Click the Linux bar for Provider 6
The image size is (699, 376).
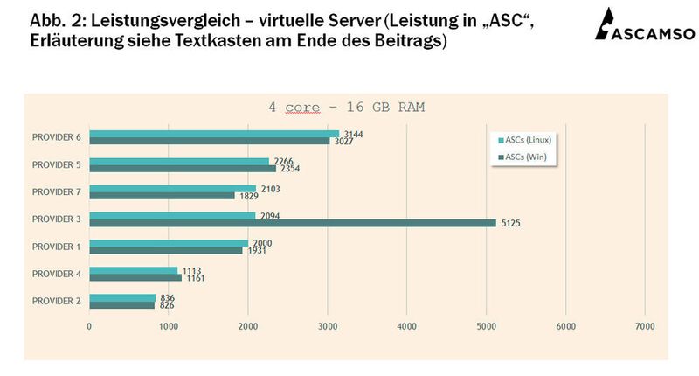click(x=214, y=134)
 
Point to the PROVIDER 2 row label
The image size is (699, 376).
click(x=56, y=301)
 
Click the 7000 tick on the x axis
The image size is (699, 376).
click(x=644, y=326)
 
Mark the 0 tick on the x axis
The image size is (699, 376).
click(x=89, y=326)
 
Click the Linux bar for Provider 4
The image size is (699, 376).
click(x=134, y=270)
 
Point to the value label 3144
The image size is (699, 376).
click(x=353, y=134)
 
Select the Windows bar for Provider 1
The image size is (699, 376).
click(x=166, y=250)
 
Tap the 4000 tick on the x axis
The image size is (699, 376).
click(x=406, y=326)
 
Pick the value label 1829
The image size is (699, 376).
click(x=248, y=196)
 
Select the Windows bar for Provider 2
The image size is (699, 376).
click(x=122, y=305)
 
